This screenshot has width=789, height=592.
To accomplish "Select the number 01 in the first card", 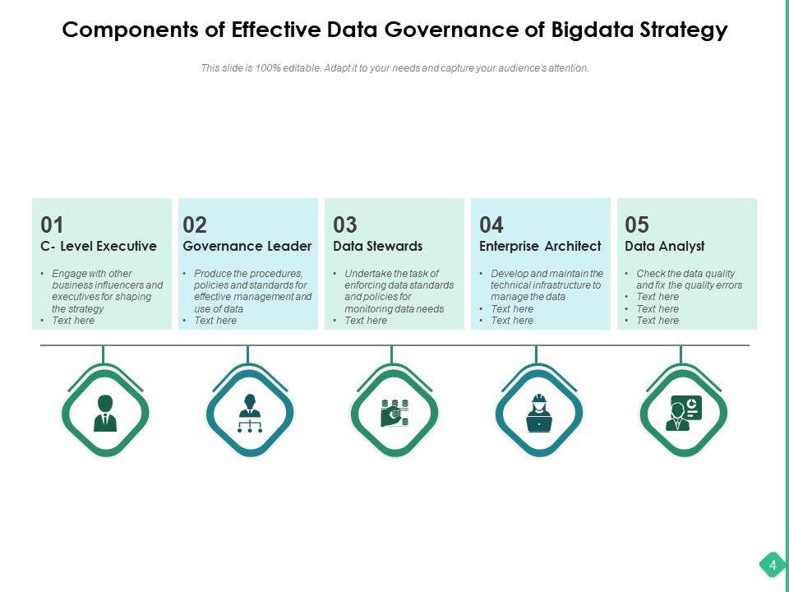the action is coord(52,224).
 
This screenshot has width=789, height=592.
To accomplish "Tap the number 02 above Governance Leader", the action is coord(195,224).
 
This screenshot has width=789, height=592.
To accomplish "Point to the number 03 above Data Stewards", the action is coord(345,224).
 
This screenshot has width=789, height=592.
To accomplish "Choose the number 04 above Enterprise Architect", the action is coord(491,224).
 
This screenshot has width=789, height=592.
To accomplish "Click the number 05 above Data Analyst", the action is coord(637,224).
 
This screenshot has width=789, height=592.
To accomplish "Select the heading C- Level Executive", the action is coord(99,246).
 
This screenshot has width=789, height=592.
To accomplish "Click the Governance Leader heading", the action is coord(247,246).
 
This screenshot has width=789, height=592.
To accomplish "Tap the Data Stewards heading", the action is coord(378,246).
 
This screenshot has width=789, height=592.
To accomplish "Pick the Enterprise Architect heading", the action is coord(540,246).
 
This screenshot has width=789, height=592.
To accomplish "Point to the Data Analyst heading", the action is coord(665,246).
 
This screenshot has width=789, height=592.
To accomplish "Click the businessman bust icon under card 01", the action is coord(105,412).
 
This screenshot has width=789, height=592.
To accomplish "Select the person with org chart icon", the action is coord(249,412).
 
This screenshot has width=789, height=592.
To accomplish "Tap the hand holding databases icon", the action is coord(394,412).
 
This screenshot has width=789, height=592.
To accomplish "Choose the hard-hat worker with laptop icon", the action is coord(539,412).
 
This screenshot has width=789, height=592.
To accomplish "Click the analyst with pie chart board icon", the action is coord(683,412).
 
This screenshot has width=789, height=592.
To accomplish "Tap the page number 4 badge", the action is coord(773,566).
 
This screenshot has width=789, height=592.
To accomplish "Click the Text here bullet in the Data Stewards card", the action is coord(366,321).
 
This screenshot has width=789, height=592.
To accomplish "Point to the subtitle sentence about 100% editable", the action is coord(394,68).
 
